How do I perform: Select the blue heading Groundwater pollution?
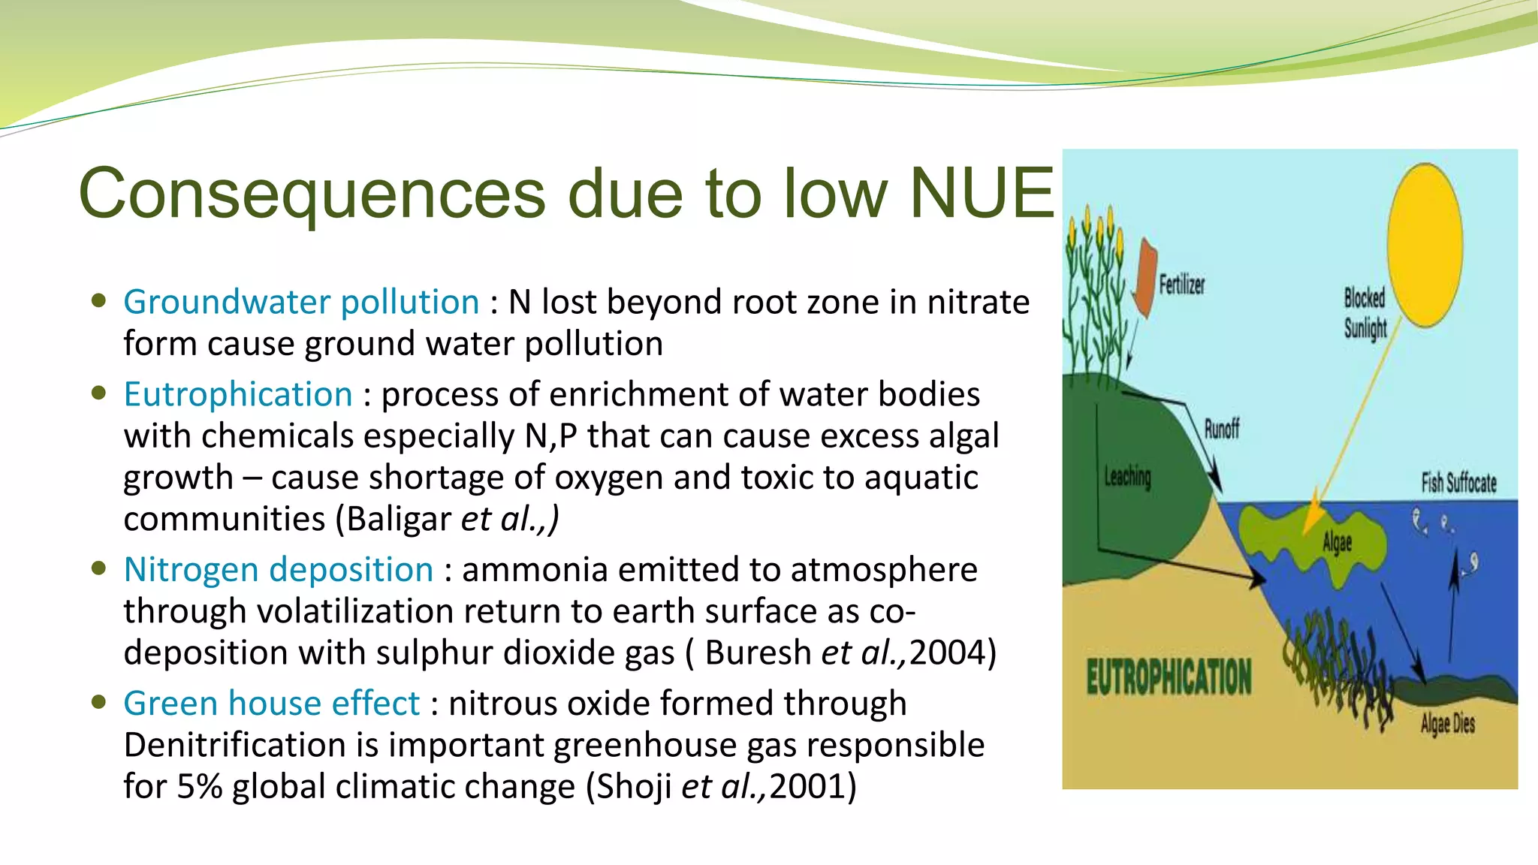click(x=301, y=302)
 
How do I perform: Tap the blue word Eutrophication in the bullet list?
click(x=238, y=394)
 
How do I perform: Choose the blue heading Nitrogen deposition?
click(x=279, y=569)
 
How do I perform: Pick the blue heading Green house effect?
click(x=271, y=704)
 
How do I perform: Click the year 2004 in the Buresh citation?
click(x=948, y=653)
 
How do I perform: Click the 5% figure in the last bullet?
click(x=199, y=787)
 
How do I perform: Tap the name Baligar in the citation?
click(x=399, y=519)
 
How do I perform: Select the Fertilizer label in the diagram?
click(x=1181, y=285)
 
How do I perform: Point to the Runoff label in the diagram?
click(x=1222, y=429)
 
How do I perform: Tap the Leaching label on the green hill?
click(x=1127, y=476)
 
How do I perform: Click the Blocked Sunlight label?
click(x=1365, y=313)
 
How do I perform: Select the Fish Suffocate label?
click(x=1458, y=483)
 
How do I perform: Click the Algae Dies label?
click(x=1447, y=723)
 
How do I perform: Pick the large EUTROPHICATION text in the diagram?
click(x=1169, y=677)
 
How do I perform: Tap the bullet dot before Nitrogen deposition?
click(x=98, y=568)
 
